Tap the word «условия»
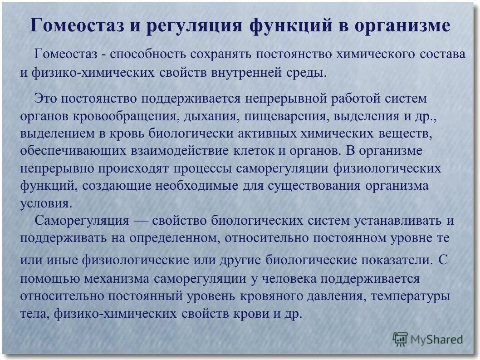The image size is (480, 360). tap(45, 203)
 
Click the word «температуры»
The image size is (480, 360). tap(410, 296)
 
